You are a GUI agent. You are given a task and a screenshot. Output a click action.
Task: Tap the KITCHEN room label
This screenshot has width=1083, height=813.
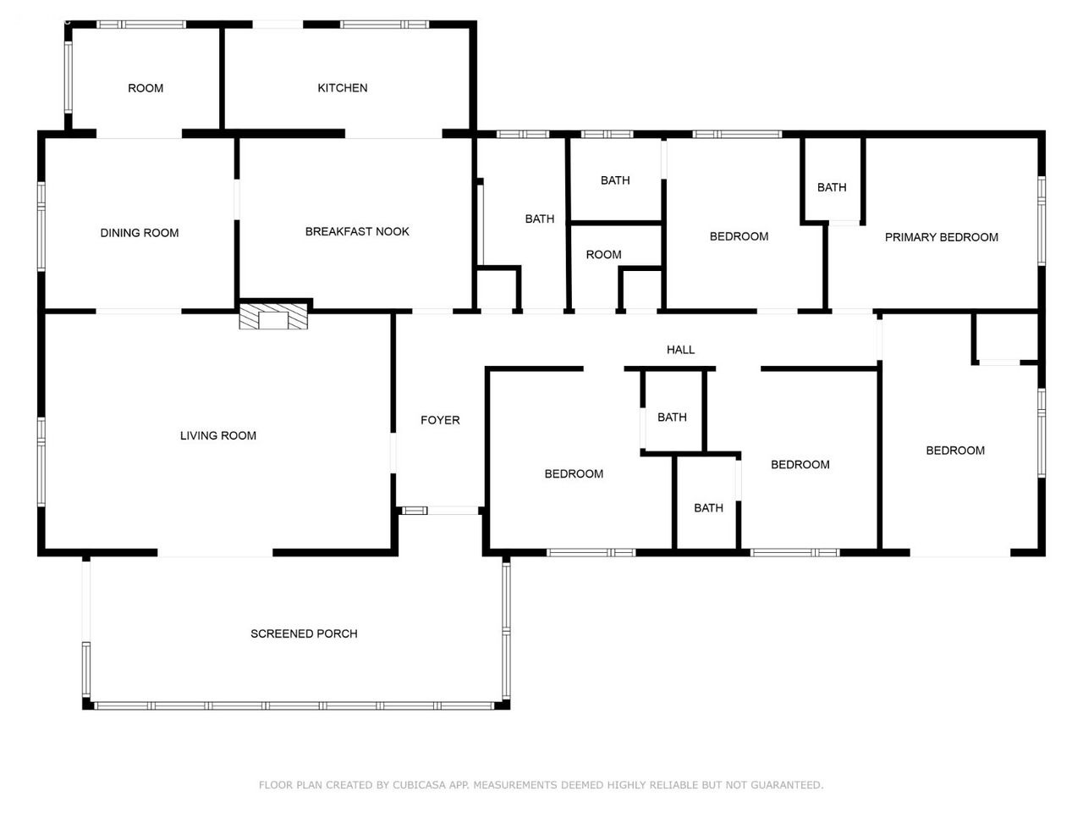coord(343,88)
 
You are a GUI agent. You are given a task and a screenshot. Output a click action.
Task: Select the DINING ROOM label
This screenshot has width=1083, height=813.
coord(140,233)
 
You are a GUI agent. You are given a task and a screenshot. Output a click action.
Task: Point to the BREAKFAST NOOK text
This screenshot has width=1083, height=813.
coord(357,231)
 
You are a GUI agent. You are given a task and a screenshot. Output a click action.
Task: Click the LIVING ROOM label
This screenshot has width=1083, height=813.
coord(218,435)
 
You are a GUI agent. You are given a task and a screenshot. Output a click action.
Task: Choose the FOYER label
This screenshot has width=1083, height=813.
coord(440,420)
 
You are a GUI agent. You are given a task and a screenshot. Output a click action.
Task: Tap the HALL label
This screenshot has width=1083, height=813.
coord(681,350)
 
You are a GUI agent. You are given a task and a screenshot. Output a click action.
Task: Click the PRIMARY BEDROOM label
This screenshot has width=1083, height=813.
coord(942,237)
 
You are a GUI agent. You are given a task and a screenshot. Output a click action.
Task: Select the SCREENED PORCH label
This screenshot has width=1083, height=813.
coord(304,633)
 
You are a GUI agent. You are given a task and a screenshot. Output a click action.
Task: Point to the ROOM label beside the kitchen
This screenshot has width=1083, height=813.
coord(146,88)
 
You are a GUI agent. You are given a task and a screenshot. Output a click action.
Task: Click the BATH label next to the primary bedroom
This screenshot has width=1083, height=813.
coord(832,187)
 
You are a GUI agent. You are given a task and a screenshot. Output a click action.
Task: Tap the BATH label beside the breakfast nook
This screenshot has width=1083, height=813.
coord(540,218)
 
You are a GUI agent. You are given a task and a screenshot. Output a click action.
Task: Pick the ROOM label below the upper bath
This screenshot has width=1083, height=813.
coord(604,255)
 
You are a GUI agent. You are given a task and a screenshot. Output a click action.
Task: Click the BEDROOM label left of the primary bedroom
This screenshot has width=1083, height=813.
coord(739,236)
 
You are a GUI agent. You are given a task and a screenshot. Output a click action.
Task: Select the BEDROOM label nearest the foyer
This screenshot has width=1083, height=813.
coord(574,474)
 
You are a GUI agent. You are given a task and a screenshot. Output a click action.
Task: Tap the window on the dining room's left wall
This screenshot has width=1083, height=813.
coord(41,226)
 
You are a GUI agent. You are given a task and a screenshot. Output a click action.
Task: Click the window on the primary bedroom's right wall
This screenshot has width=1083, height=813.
coord(1042,221)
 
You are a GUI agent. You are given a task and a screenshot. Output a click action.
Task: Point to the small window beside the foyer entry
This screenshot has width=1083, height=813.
coord(415,511)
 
